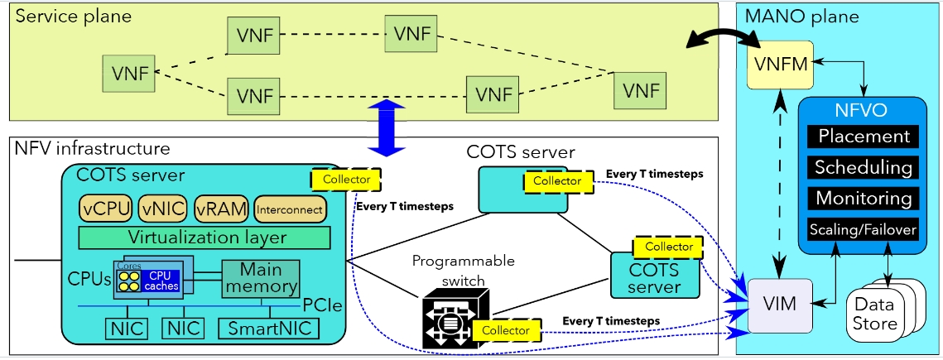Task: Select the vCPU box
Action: (x=106, y=209)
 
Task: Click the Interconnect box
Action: (x=290, y=209)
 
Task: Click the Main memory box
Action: (x=261, y=279)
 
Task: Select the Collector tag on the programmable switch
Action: (x=505, y=329)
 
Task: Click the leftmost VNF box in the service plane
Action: (x=127, y=74)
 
